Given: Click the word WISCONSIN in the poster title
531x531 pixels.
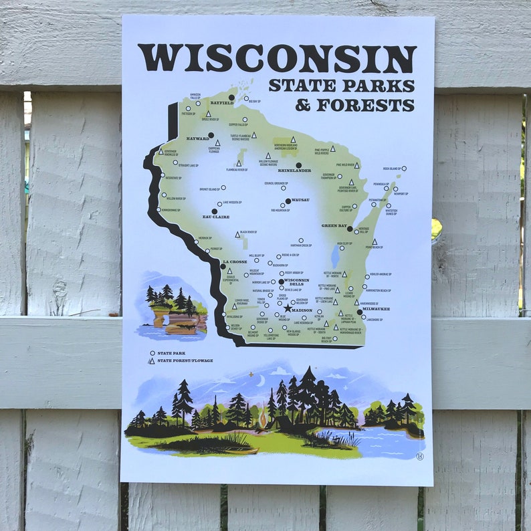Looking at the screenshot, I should [277, 59].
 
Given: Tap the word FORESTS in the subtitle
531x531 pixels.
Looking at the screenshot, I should [365, 106].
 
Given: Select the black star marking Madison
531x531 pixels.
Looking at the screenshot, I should [288, 308].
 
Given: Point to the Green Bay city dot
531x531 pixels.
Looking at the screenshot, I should [350, 229].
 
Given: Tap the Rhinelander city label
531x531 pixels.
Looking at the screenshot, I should [294, 171].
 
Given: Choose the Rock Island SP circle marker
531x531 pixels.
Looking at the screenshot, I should [404, 169].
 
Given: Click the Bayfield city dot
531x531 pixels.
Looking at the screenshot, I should [231, 98].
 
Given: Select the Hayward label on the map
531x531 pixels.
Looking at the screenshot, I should [198, 138].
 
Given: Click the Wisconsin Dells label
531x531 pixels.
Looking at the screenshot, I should [296, 282].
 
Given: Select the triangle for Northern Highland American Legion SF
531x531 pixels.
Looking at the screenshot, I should [293, 139].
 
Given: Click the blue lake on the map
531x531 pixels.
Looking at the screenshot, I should [335, 255].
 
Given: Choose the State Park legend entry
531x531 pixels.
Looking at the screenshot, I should [171, 352].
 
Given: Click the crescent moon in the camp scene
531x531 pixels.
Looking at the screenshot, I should [261, 381].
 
